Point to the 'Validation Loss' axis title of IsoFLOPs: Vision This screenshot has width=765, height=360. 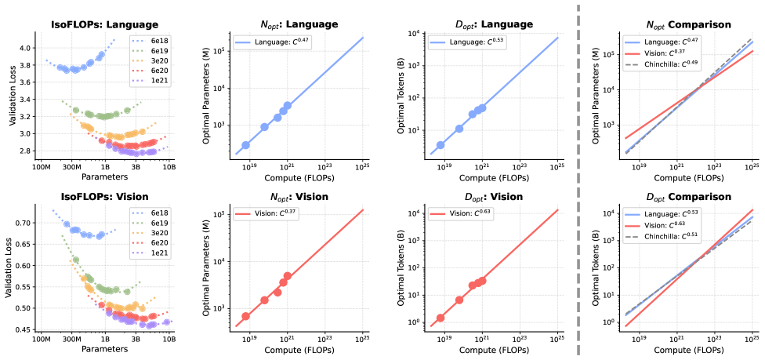click(x=9, y=267)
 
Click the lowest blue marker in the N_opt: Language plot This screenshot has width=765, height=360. click(x=245, y=145)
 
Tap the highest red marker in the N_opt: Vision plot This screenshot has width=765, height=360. click(x=288, y=276)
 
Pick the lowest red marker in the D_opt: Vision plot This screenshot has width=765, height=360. click(x=441, y=318)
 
